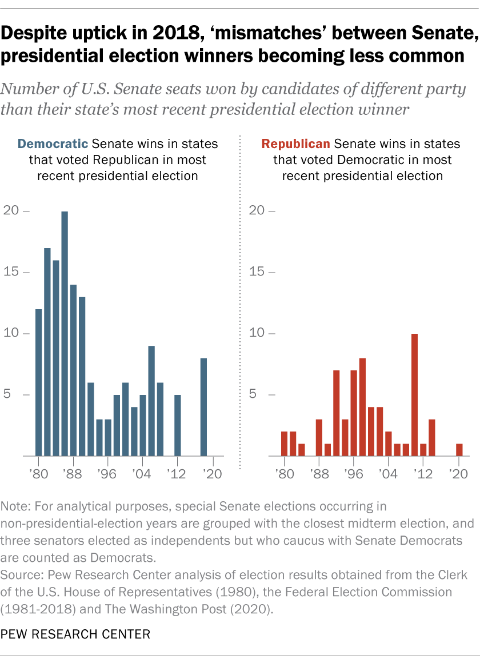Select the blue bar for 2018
[204, 407]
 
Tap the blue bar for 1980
[39, 382]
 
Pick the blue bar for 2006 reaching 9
[151, 401]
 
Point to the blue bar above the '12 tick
[178, 425]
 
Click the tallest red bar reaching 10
[415, 394]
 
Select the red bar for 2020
[459, 450]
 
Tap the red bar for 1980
[284, 444]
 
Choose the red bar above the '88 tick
[319, 437]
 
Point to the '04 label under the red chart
[387, 474]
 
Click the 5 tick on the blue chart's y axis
[14, 395]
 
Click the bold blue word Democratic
[53, 143]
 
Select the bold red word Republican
[297, 143]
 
